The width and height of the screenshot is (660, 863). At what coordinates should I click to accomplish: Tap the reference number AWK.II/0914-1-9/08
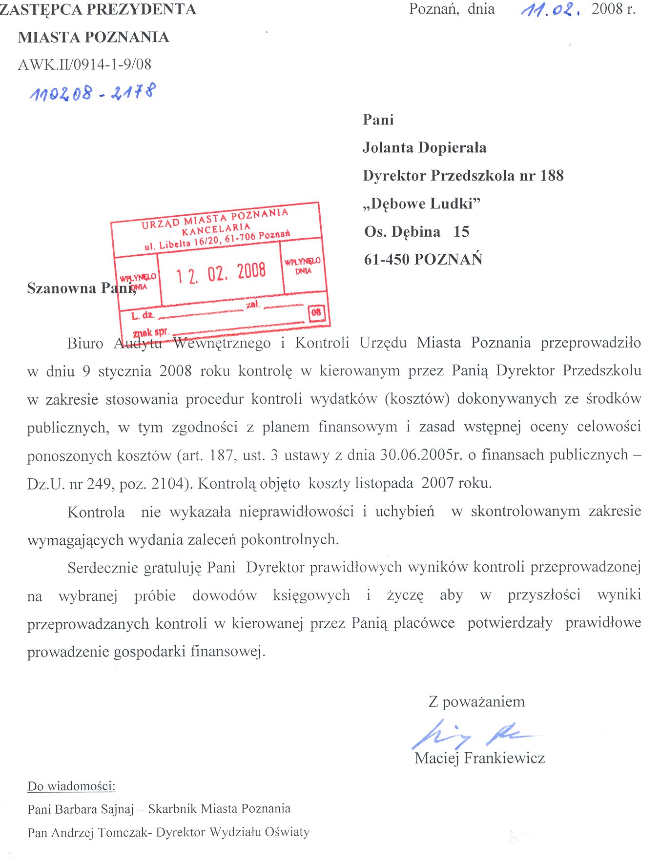point(84,64)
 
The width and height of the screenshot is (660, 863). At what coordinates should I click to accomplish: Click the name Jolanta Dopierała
point(424,147)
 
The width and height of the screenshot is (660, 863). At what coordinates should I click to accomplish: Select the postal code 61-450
point(387,259)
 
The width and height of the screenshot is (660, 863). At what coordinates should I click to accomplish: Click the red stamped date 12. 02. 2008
point(221,273)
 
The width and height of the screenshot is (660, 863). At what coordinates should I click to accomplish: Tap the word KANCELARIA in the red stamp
point(216,228)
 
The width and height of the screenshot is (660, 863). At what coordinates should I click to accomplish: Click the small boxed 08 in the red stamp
point(316,312)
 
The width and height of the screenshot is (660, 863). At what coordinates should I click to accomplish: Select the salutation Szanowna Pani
point(81,288)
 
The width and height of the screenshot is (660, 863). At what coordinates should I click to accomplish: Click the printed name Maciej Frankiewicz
point(479,758)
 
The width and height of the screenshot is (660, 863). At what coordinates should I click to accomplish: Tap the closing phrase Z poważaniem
point(476,702)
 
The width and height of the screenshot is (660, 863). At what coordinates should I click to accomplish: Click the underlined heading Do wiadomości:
point(71,786)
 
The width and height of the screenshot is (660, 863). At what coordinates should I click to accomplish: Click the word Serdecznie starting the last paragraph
point(103,568)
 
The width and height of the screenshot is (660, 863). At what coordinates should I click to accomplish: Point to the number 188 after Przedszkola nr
point(552,175)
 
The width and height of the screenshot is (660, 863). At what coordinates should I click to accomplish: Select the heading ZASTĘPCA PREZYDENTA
point(98,10)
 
